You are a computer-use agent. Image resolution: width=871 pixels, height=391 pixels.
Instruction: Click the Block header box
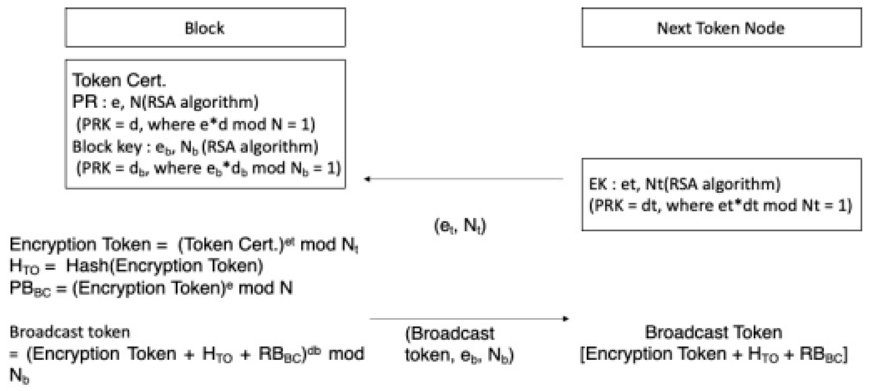pos(205,28)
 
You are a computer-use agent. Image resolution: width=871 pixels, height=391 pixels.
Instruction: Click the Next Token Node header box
pos(721,28)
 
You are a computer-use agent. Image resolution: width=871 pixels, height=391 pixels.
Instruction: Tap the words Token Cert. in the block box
pos(119,81)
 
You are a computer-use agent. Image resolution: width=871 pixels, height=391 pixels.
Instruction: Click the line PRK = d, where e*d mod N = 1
pos(196,124)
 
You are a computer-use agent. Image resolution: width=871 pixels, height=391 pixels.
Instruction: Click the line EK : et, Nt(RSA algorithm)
pos(684,184)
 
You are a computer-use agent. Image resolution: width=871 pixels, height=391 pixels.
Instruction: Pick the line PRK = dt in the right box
pos(720,206)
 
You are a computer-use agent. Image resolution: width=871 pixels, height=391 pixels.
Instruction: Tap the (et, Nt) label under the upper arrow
pos(460,225)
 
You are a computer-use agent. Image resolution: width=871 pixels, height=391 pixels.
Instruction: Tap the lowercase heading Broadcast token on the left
pos(70,332)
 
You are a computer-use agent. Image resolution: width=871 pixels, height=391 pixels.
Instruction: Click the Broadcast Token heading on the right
pos(713,332)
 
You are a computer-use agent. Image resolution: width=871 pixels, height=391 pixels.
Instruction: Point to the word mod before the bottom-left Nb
pos(346,354)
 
